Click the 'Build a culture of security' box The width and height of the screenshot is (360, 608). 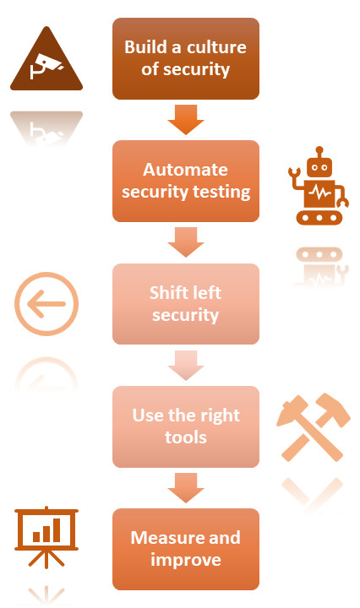click(x=186, y=58)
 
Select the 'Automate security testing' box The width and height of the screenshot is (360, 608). click(x=186, y=181)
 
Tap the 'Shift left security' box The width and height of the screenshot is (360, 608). click(x=186, y=304)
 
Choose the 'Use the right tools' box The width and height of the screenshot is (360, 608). click(x=186, y=426)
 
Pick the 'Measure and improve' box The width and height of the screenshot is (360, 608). click(x=186, y=549)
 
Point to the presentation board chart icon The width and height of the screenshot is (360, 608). click(x=46, y=537)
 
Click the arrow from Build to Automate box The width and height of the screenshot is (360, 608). click(x=186, y=119)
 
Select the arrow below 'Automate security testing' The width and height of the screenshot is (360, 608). click(x=186, y=242)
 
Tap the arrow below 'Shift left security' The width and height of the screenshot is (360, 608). click(x=186, y=365)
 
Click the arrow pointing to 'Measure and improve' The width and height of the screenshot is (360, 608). click(x=186, y=488)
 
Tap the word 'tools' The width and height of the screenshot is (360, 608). click(x=186, y=437)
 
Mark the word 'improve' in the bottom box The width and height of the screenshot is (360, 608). click(x=186, y=560)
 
